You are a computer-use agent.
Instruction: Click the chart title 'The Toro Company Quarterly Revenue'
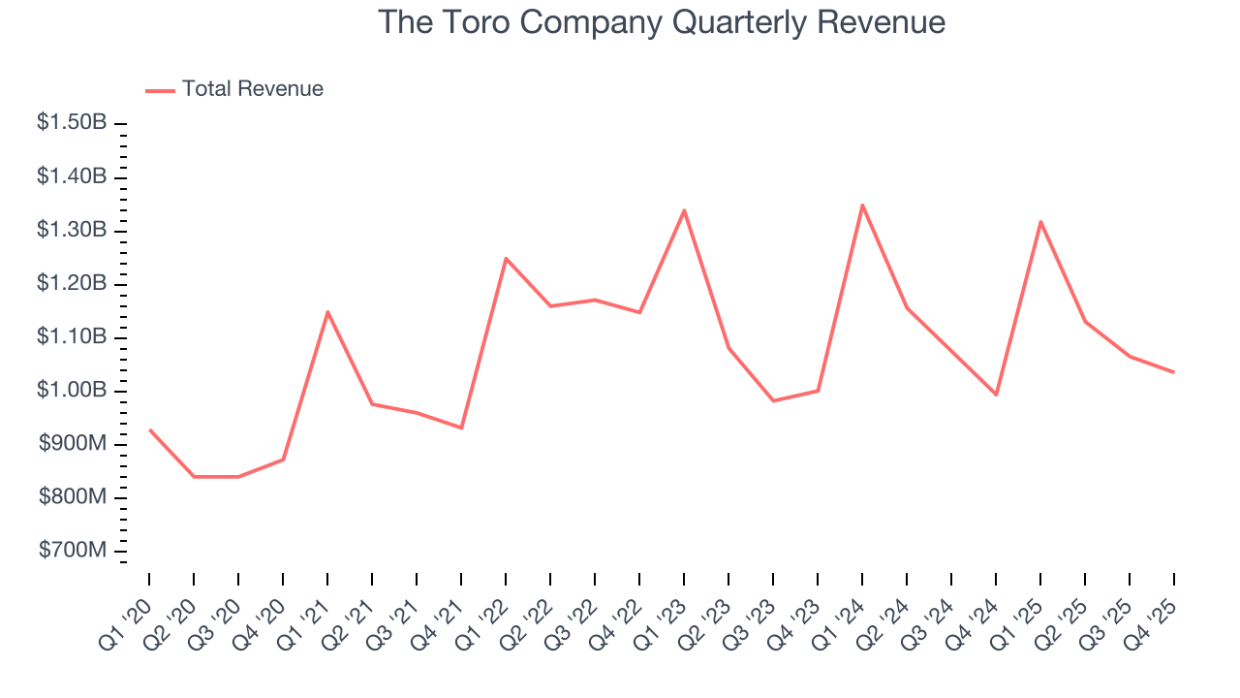coord(661,22)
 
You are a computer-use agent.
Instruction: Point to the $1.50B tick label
coord(72,123)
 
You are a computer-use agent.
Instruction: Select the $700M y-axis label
coord(72,551)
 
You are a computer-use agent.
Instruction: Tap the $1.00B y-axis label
coord(72,391)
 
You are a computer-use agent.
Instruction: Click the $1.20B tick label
coord(72,284)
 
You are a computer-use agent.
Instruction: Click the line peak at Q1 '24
coord(862,205)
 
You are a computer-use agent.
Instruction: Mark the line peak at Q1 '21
coord(327,311)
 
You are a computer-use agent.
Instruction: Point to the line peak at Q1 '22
coord(506,258)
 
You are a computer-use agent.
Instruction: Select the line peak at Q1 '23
coord(684,210)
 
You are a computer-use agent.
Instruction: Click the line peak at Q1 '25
coord(1040,222)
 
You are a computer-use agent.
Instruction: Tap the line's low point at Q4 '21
coord(461,428)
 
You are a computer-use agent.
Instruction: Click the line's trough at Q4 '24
coord(996,395)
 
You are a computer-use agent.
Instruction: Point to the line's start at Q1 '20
coord(149,429)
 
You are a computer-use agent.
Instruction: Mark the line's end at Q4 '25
coord(1174,372)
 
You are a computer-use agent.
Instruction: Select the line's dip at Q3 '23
coord(773,400)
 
